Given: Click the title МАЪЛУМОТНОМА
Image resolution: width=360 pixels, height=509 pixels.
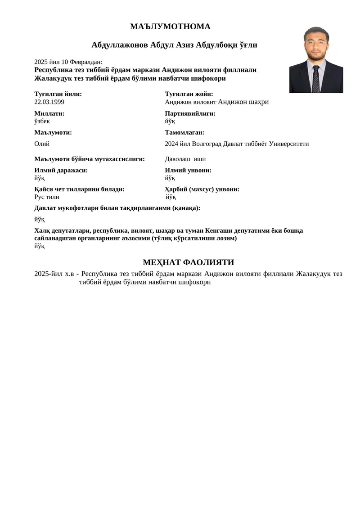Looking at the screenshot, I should [x=170, y=27].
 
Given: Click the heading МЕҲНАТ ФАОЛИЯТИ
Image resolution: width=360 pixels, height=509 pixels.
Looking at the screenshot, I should [x=188, y=262].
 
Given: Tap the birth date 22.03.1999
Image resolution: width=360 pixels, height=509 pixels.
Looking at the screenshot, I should [x=49, y=102].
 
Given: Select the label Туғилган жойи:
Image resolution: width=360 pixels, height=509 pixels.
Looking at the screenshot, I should [x=189, y=94].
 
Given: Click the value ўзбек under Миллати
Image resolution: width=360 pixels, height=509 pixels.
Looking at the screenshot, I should [x=42, y=121].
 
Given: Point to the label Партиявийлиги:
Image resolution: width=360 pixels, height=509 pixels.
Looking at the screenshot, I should [x=190, y=113].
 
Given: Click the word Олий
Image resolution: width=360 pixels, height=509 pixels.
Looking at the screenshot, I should [x=42, y=144].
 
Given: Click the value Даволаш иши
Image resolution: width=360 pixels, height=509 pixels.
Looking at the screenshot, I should [x=185, y=159].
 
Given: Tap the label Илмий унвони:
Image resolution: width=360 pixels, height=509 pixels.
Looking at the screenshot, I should [x=188, y=170].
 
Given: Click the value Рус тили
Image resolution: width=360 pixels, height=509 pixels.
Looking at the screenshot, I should [x=47, y=197].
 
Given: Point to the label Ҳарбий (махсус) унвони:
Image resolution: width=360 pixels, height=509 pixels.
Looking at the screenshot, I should [x=202, y=189].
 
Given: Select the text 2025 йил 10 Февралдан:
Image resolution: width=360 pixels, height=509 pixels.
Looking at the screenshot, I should [x=68, y=62].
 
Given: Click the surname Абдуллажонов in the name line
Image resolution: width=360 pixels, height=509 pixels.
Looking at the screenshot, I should [x=120, y=45].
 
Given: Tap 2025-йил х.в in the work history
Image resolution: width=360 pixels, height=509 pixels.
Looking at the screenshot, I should [x=54, y=274].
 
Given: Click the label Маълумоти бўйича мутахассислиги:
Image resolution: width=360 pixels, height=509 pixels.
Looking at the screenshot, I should [x=89, y=159].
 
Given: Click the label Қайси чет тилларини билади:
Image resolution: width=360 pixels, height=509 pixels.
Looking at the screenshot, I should [x=79, y=189].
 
